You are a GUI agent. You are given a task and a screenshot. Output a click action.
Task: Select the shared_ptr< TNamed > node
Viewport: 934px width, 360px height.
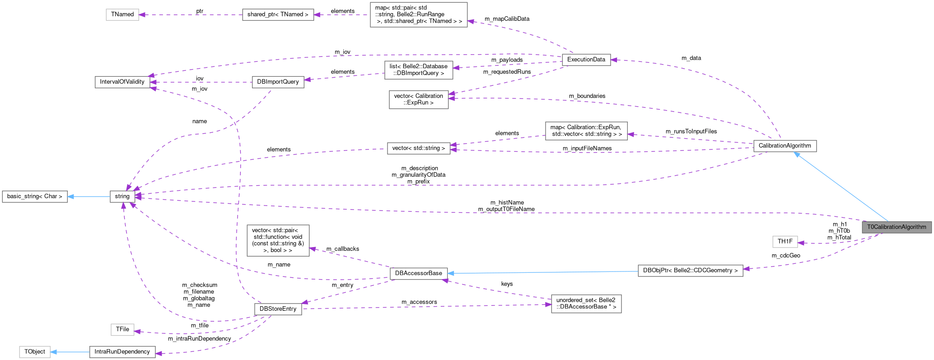[278, 14]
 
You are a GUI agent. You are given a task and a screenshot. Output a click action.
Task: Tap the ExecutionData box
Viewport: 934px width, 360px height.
[586, 60]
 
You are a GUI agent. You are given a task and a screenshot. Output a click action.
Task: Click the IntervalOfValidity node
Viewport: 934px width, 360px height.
[122, 82]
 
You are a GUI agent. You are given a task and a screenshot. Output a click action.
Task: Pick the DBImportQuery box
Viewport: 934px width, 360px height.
[278, 82]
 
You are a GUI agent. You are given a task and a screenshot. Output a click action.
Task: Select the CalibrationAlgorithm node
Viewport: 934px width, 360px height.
[785, 146]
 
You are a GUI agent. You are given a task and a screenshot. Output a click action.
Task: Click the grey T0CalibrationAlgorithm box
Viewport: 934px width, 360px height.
[897, 227]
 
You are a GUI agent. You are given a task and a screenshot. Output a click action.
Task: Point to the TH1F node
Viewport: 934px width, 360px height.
[785, 242]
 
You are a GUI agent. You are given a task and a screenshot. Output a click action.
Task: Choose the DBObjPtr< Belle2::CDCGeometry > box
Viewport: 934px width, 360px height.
[690, 271]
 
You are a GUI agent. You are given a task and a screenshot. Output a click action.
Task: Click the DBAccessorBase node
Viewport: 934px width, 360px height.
[419, 273]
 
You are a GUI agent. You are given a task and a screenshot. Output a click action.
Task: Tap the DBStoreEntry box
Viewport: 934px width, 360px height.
[278, 309]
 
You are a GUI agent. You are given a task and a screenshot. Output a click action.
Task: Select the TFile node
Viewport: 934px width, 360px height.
[122, 329]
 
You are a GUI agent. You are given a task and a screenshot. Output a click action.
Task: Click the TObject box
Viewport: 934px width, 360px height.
[35, 351]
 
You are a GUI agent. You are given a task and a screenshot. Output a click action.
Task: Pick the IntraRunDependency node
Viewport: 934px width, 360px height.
[122, 351]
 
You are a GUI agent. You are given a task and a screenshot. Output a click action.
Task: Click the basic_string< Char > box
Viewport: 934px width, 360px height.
[35, 196]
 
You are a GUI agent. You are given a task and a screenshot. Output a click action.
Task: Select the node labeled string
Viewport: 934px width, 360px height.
[122, 196]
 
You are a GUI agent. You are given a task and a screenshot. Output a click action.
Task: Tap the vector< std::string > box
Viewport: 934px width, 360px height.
[419, 148]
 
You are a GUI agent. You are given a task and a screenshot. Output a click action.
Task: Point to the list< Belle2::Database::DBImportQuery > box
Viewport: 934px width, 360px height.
[418, 70]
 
